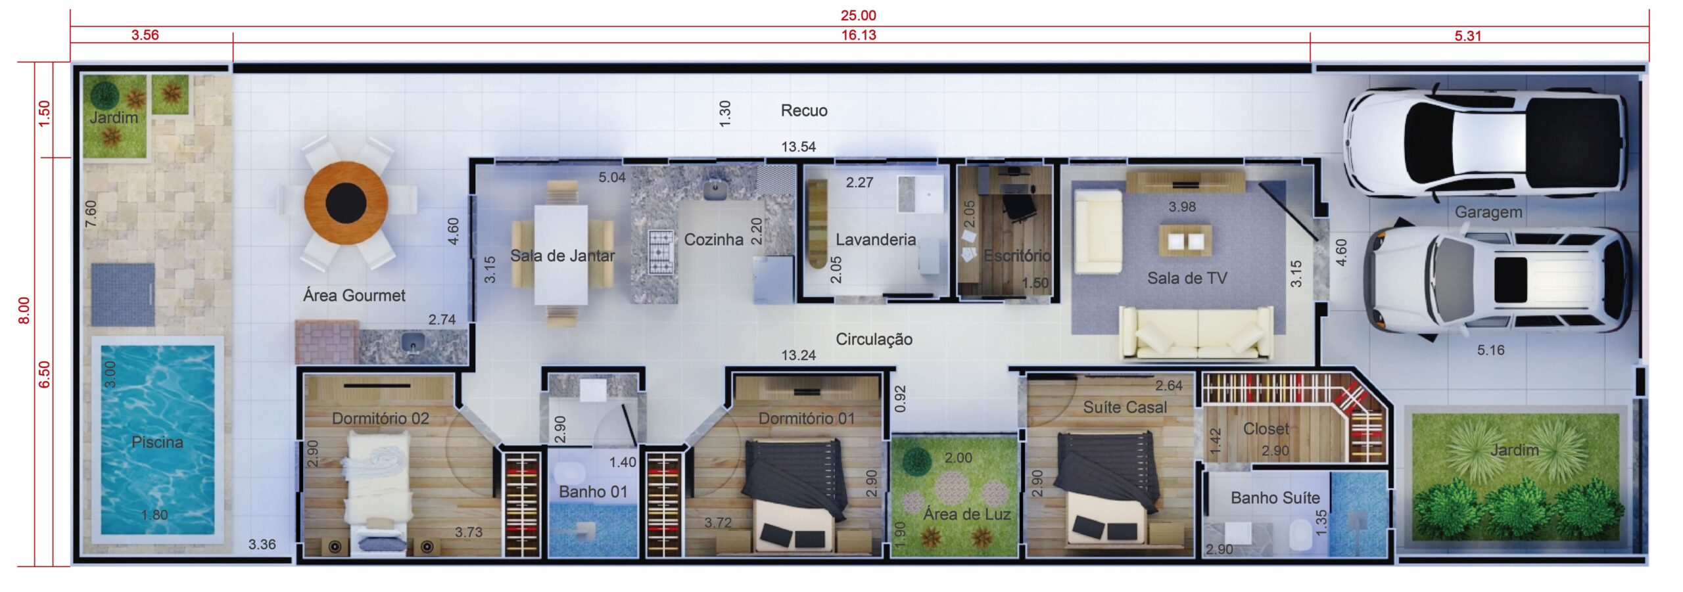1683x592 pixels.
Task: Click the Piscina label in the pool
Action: pos(157,442)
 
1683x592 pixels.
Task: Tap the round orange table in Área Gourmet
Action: pos(346,203)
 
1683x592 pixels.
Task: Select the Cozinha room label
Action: pos(714,239)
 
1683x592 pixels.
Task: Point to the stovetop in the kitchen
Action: pos(661,251)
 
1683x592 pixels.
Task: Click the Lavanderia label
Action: pos(876,239)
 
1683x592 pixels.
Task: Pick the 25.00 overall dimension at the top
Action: pos(859,15)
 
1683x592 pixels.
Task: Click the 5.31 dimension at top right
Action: pos(1468,36)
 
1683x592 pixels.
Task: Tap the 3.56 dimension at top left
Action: pos(145,35)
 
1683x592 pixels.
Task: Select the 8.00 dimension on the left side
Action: pos(24,310)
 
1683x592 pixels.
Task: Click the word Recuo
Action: pos(804,110)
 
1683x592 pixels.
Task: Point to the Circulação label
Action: pos(874,339)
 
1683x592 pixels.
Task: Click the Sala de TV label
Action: pos(1187,278)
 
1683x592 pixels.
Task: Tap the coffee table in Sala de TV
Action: pos(1185,240)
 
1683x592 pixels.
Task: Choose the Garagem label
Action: pos(1488,212)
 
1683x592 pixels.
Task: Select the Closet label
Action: pos(1266,428)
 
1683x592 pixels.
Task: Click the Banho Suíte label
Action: pos(1275,497)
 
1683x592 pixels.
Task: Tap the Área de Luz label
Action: pos(966,514)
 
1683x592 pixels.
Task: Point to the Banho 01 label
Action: pos(593,491)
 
